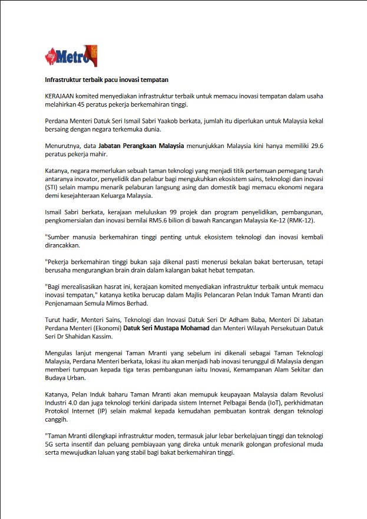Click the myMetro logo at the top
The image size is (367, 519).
click(71, 56)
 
